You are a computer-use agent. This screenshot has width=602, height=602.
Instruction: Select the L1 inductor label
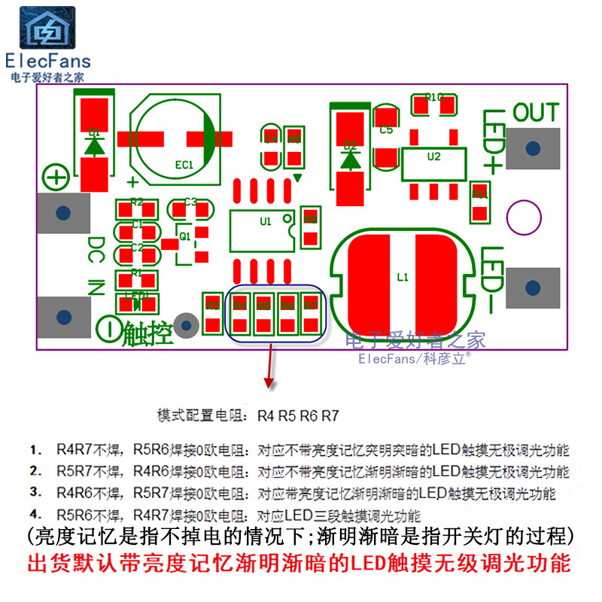pyautogui.click(x=403, y=277)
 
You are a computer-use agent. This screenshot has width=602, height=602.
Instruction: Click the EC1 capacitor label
pyautogui.click(x=184, y=164)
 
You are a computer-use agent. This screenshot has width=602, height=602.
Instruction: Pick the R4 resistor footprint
pyautogui.click(x=240, y=313)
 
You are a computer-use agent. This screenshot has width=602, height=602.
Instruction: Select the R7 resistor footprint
pyautogui.click(x=311, y=313)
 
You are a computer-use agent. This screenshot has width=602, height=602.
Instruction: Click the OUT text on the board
pyautogui.click(x=536, y=114)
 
